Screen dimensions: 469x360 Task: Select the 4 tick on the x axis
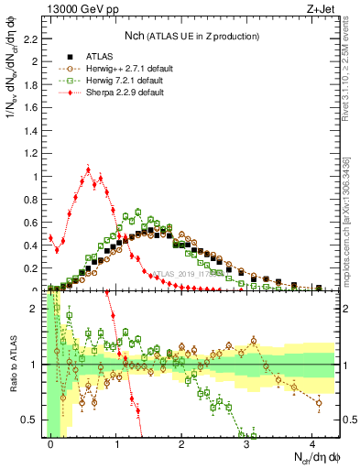312,442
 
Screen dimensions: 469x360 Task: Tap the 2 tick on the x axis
181,442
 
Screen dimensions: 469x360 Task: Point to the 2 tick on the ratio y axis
35,309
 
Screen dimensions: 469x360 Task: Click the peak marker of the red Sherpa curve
88,169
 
